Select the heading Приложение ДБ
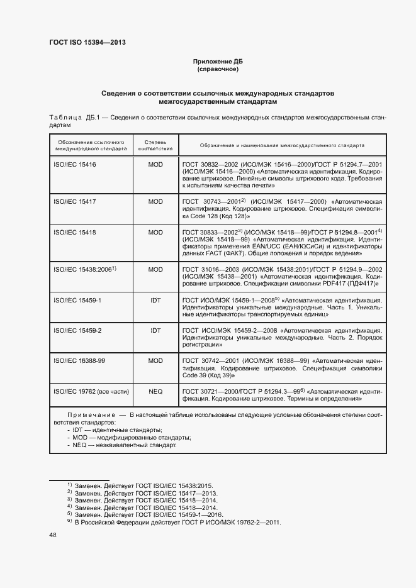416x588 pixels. coord(217,61)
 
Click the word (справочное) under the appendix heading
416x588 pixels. coord(217,69)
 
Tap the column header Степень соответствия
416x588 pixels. coord(155,145)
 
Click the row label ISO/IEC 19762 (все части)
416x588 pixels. coord(91,391)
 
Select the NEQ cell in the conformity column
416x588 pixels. coord(155,391)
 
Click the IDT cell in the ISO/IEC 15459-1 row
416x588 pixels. coord(155,300)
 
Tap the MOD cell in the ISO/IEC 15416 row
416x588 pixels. coord(155,164)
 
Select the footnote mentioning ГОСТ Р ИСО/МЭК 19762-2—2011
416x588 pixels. coord(174,522)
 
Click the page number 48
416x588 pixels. coord(53,535)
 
